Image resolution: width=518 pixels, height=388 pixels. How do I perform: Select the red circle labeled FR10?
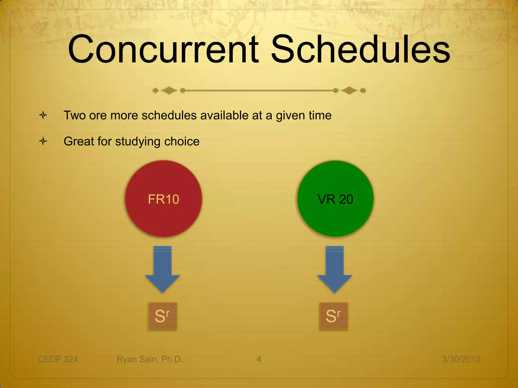[163, 199]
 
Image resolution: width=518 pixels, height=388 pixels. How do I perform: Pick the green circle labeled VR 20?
[335, 199]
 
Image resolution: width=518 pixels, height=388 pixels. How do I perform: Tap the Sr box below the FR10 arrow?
[163, 316]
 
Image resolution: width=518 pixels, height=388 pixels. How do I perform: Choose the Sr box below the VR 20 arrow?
[334, 316]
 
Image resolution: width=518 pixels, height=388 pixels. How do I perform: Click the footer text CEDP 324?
[58, 359]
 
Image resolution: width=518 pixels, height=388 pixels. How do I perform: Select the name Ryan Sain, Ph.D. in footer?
[149, 359]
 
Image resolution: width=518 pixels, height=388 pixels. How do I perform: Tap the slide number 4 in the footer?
[258, 359]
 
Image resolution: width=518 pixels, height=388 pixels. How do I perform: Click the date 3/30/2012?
[461, 359]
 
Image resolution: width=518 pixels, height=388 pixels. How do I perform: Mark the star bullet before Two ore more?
[43, 115]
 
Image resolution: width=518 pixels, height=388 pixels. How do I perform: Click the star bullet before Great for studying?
[43, 141]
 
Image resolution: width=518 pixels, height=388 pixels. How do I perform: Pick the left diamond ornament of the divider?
[169, 90]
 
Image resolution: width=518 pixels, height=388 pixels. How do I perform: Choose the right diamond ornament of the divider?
[349, 90]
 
